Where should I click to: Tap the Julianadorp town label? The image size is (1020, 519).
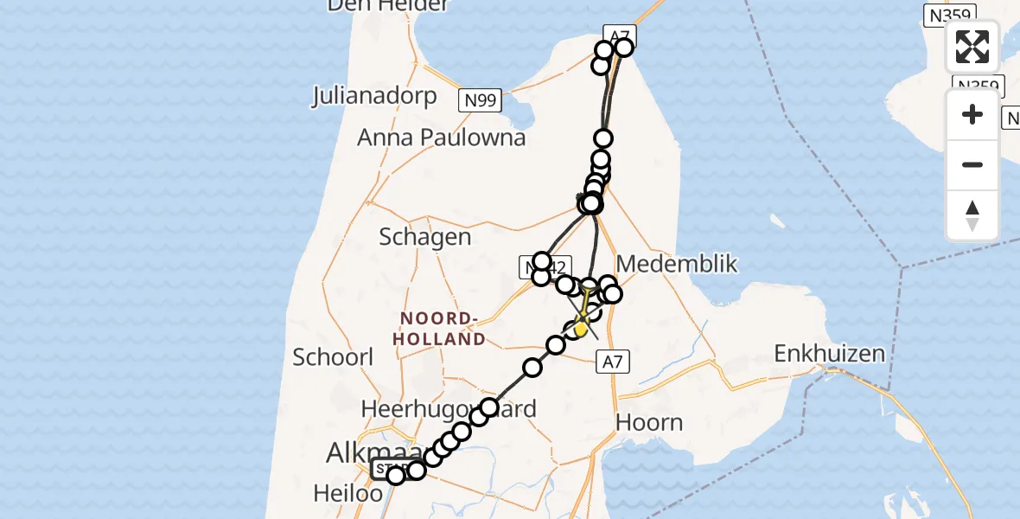pos(374,94)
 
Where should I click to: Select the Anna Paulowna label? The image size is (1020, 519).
pos(442,137)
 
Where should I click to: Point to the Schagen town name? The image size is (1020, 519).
pos(425,236)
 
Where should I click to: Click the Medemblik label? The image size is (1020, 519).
pos(678,264)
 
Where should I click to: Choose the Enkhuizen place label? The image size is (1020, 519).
pos(830,353)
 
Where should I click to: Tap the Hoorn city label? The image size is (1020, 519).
pos(648,422)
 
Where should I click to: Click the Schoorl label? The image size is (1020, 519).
pos(333,356)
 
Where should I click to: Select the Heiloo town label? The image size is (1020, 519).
pos(347,493)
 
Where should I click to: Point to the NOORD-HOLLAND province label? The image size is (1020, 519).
pos(439,330)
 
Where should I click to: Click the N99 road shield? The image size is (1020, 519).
pos(479,101)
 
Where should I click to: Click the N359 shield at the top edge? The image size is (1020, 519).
pos(949,15)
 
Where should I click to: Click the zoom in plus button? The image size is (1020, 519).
pos(972,115)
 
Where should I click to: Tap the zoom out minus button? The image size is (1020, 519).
pos(972,164)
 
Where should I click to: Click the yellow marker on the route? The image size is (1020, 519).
pos(581,329)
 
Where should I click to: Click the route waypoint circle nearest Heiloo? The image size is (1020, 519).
pos(396,476)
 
